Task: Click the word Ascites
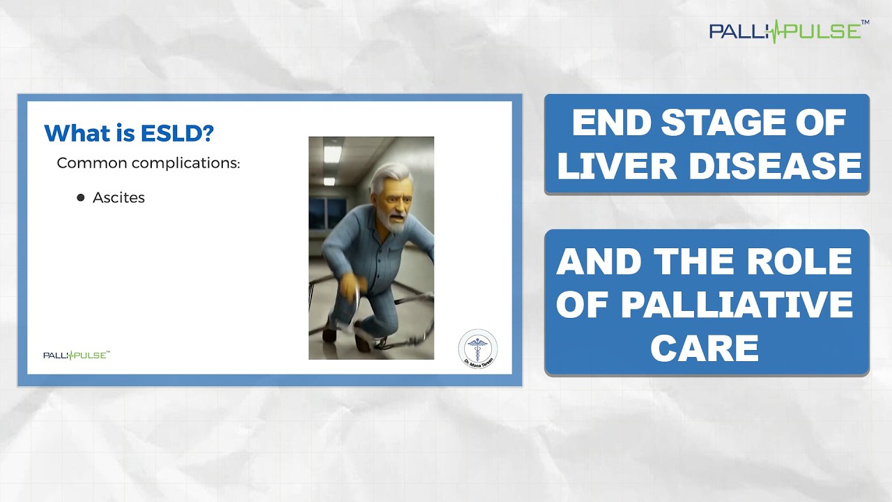tap(118, 197)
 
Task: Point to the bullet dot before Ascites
tap(80, 197)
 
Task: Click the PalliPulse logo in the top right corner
tap(789, 31)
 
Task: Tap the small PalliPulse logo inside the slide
tap(77, 355)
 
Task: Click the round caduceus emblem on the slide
tap(478, 348)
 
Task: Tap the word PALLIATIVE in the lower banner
tap(737, 304)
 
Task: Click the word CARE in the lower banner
tap(705, 347)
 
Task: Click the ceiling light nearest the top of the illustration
tap(332, 154)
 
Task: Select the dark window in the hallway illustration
tap(328, 213)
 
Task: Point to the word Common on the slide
tap(91, 163)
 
